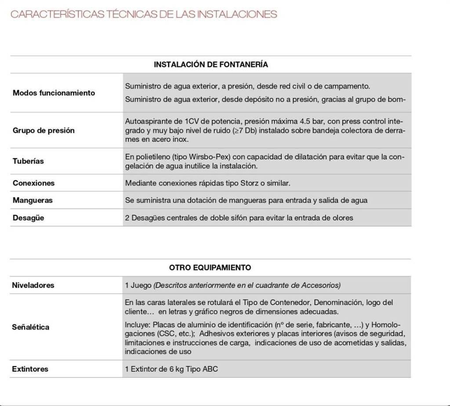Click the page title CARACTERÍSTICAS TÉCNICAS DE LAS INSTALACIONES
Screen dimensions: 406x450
(x=144, y=14)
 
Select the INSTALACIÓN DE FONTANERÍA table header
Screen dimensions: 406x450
(x=210, y=65)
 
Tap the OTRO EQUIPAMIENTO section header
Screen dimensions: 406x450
(x=210, y=267)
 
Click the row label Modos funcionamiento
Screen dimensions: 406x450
(x=54, y=93)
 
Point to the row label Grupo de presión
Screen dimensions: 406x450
(x=44, y=130)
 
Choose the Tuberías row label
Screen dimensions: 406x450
(x=28, y=161)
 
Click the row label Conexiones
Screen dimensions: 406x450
(x=33, y=183)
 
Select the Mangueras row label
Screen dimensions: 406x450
(x=33, y=200)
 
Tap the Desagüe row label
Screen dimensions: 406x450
(x=28, y=218)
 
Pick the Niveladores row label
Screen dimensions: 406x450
(x=33, y=285)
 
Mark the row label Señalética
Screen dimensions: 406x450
(x=30, y=327)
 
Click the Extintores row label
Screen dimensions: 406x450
(x=30, y=369)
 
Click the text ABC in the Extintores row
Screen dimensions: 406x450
(x=210, y=369)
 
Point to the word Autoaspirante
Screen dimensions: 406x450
(x=147, y=121)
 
